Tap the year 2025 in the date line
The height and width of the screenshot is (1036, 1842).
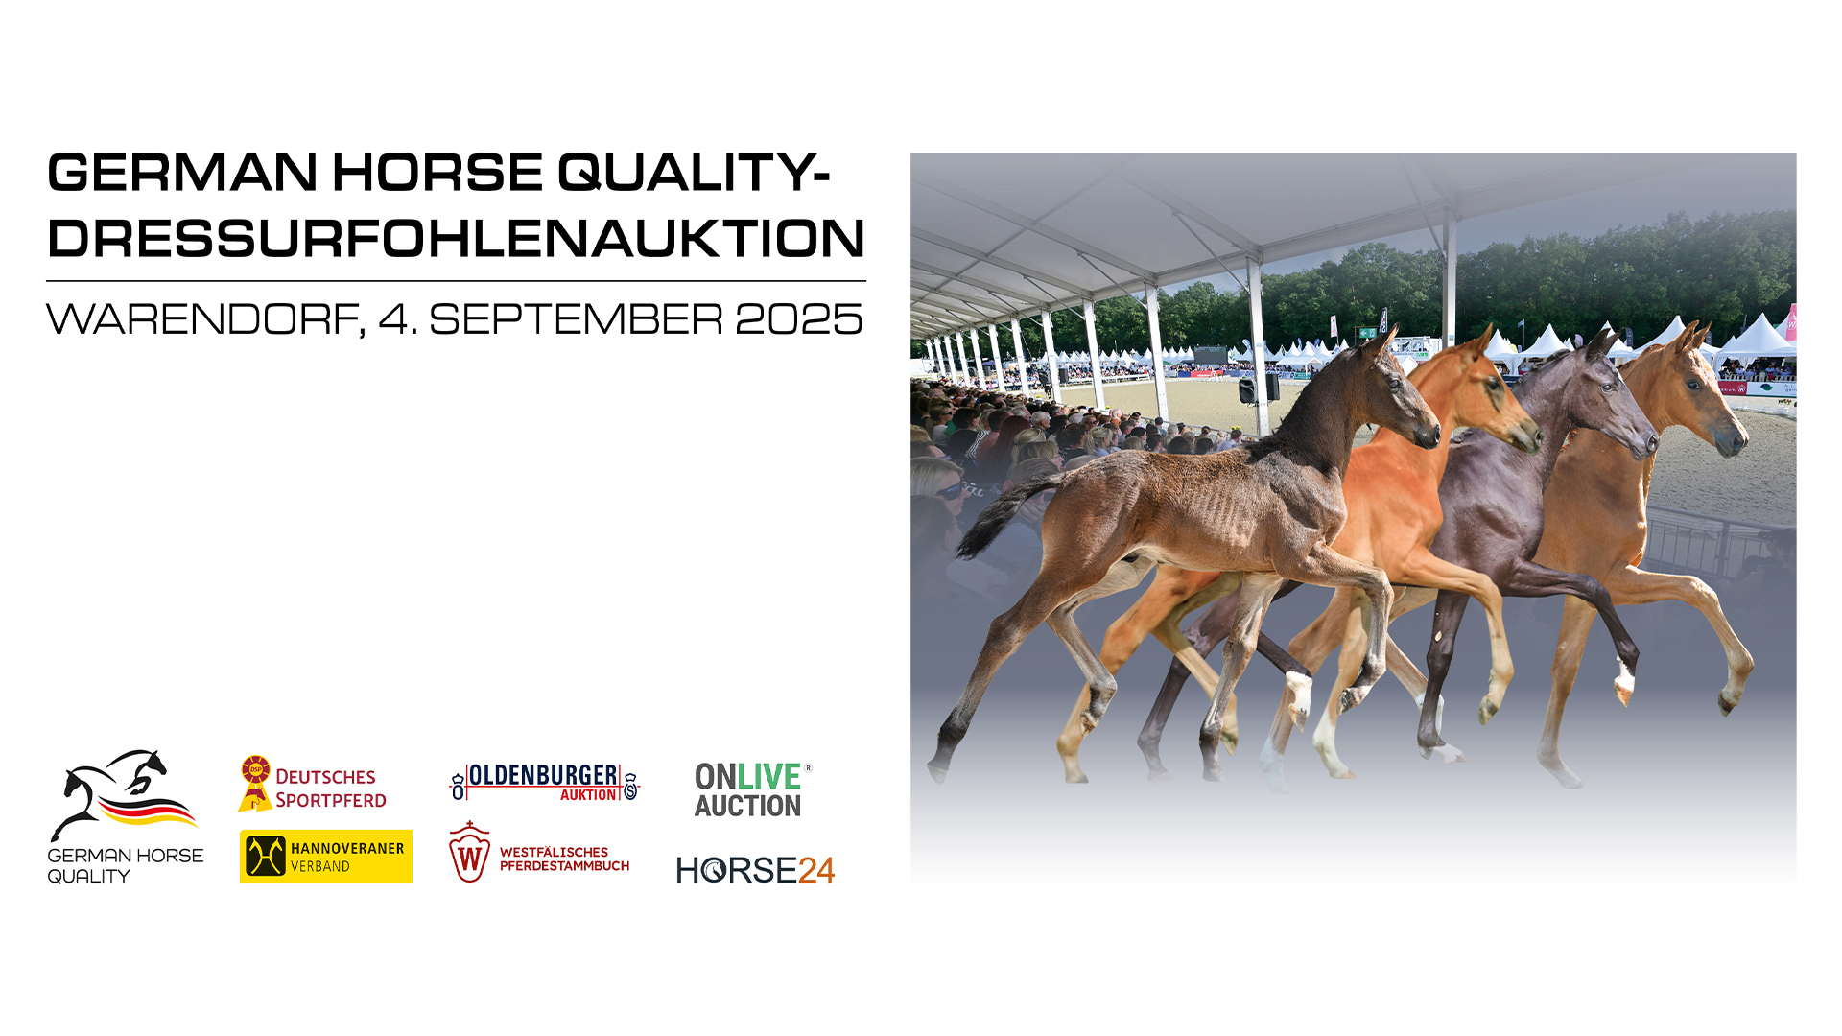point(799,319)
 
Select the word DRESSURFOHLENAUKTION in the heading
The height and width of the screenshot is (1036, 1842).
point(457,238)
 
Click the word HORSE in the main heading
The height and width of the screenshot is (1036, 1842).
point(437,173)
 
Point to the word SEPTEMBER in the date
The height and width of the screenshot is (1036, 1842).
point(576,319)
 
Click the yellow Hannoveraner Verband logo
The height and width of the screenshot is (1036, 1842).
point(326,856)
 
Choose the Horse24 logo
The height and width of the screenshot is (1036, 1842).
point(755,870)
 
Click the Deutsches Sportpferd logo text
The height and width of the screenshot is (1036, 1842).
point(330,789)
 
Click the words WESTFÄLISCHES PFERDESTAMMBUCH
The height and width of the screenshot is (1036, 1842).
point(564,859)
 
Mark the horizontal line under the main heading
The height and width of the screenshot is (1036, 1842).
point(456,281)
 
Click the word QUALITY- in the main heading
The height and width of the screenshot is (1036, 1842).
point(694,173)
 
